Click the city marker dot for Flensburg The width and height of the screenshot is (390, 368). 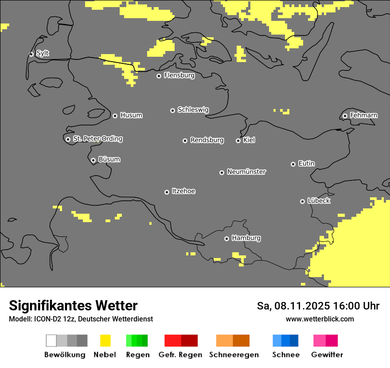pos(159,76)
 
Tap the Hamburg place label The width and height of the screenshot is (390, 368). pos(246,238)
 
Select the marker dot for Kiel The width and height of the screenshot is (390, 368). pos(238,141)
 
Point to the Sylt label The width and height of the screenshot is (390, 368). pos(43,53)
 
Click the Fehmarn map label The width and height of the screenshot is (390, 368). pos(363,115)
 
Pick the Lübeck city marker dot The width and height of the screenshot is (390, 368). pos(302,201)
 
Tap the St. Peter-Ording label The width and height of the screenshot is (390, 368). pos(97,139)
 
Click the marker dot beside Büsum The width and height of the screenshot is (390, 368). pos(93,160)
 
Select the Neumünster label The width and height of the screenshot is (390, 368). pos(246,172)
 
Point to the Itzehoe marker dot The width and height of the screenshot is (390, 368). pos(167,192)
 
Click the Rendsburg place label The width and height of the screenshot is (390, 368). pos(207,140)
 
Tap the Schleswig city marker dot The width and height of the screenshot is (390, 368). pos(172,110)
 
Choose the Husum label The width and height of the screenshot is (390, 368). pos(131,115)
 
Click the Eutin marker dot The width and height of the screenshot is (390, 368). pos(293,164)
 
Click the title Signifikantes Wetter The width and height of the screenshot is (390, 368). pos(73,305)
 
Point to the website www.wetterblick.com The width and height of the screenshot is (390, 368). pos(320,319)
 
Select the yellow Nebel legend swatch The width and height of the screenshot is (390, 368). pos(105,341)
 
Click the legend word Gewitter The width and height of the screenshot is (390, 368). pos(327,355)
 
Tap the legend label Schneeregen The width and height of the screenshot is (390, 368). pos(234,355)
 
